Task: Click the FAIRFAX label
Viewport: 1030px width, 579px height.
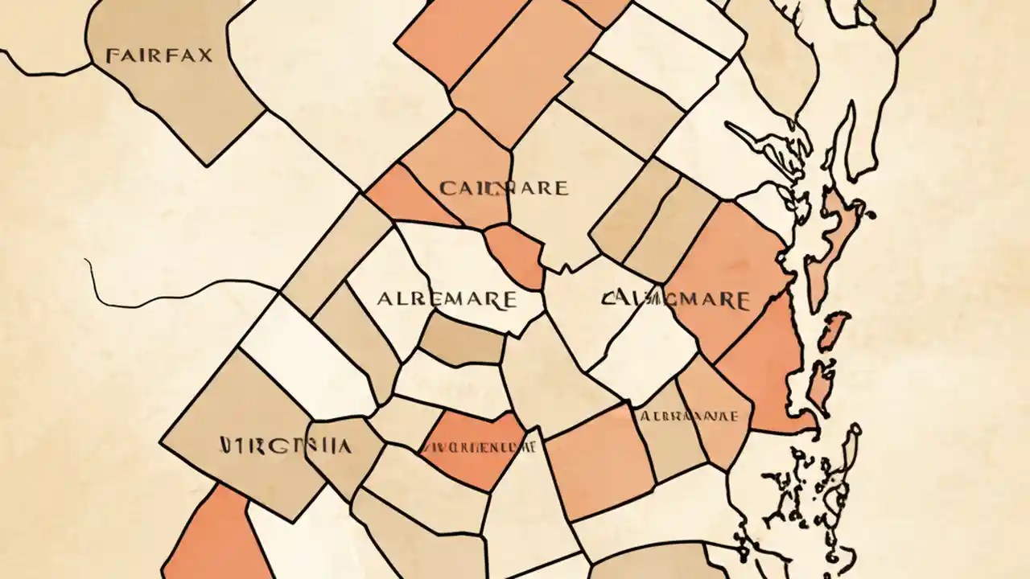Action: [x=159, y=55]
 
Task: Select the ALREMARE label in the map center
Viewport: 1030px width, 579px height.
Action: [x=447, y=300]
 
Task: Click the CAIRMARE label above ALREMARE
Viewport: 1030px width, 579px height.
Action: [x=504, y=189]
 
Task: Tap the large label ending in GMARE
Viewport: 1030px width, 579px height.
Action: [x=675, y=300]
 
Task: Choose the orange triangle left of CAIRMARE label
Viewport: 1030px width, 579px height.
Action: [x=402, y=197]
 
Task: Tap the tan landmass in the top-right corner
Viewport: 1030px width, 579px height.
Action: [x=901, y=20]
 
